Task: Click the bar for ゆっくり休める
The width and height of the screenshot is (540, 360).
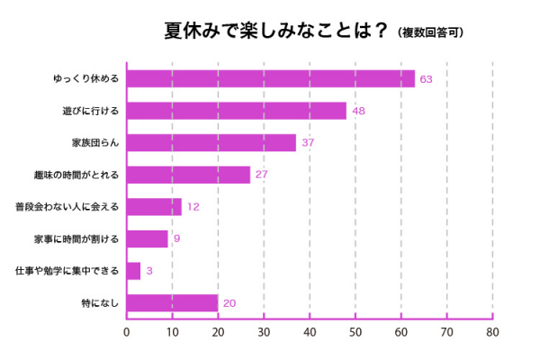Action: pos(270,79)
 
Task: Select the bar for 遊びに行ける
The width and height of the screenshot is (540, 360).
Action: pos(237,111)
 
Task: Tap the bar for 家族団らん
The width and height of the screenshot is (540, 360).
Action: pos(211,143)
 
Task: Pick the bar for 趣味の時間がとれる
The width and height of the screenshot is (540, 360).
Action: pos(188,175)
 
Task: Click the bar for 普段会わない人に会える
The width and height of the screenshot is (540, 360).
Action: pos(154,207)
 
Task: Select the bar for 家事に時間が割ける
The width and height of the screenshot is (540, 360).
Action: pos(148,238)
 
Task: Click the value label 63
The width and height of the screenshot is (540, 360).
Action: pos(427,79)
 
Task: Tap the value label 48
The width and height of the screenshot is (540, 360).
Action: pos(358,111)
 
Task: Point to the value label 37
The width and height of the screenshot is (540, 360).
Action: pos(308,143)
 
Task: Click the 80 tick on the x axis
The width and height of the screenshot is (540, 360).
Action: pos(492,332)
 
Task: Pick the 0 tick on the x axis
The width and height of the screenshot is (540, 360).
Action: pos(127,332)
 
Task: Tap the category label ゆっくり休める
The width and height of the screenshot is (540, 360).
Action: pos(86,79)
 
